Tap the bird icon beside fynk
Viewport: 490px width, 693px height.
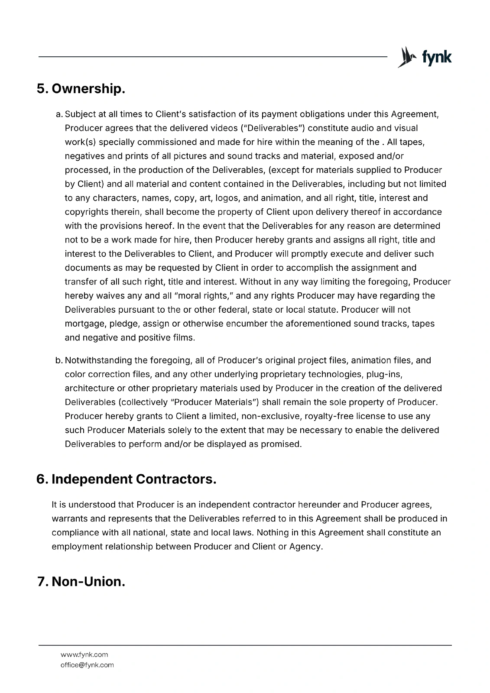click(406, 57)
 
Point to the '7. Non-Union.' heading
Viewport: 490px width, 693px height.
click(81, 581)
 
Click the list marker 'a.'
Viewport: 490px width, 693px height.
click(59, 114)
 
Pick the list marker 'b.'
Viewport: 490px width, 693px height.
click(59, 360)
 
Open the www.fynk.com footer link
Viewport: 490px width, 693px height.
click(84, 654)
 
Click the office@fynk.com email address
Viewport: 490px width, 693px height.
click(87, 665)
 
